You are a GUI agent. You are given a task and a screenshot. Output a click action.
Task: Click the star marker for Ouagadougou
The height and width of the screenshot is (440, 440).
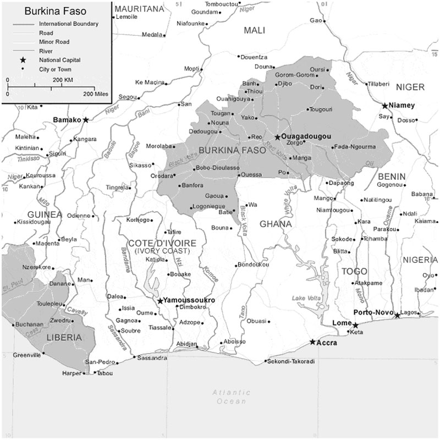pos(278,137)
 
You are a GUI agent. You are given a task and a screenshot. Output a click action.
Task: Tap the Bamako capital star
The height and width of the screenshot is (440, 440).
pos(85,119)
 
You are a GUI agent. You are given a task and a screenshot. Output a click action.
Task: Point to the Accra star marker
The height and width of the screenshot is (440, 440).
pos(312,342)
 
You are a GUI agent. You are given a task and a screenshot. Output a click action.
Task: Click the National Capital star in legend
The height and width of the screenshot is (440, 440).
pos(23,60)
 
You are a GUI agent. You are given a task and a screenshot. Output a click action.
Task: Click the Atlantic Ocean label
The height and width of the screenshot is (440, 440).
pos(232,397)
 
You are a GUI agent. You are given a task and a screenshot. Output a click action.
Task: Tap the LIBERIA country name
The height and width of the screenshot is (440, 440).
pos(64,337)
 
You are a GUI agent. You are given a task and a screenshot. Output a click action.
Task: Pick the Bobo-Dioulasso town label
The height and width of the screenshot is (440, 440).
pos(218,167)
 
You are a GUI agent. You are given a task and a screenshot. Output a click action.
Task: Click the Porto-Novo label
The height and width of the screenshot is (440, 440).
pos(372,312)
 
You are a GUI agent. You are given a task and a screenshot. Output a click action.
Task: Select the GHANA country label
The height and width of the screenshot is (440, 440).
pos(276,224)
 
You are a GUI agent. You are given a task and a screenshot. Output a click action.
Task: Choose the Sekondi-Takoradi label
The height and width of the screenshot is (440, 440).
pos(291,361)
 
